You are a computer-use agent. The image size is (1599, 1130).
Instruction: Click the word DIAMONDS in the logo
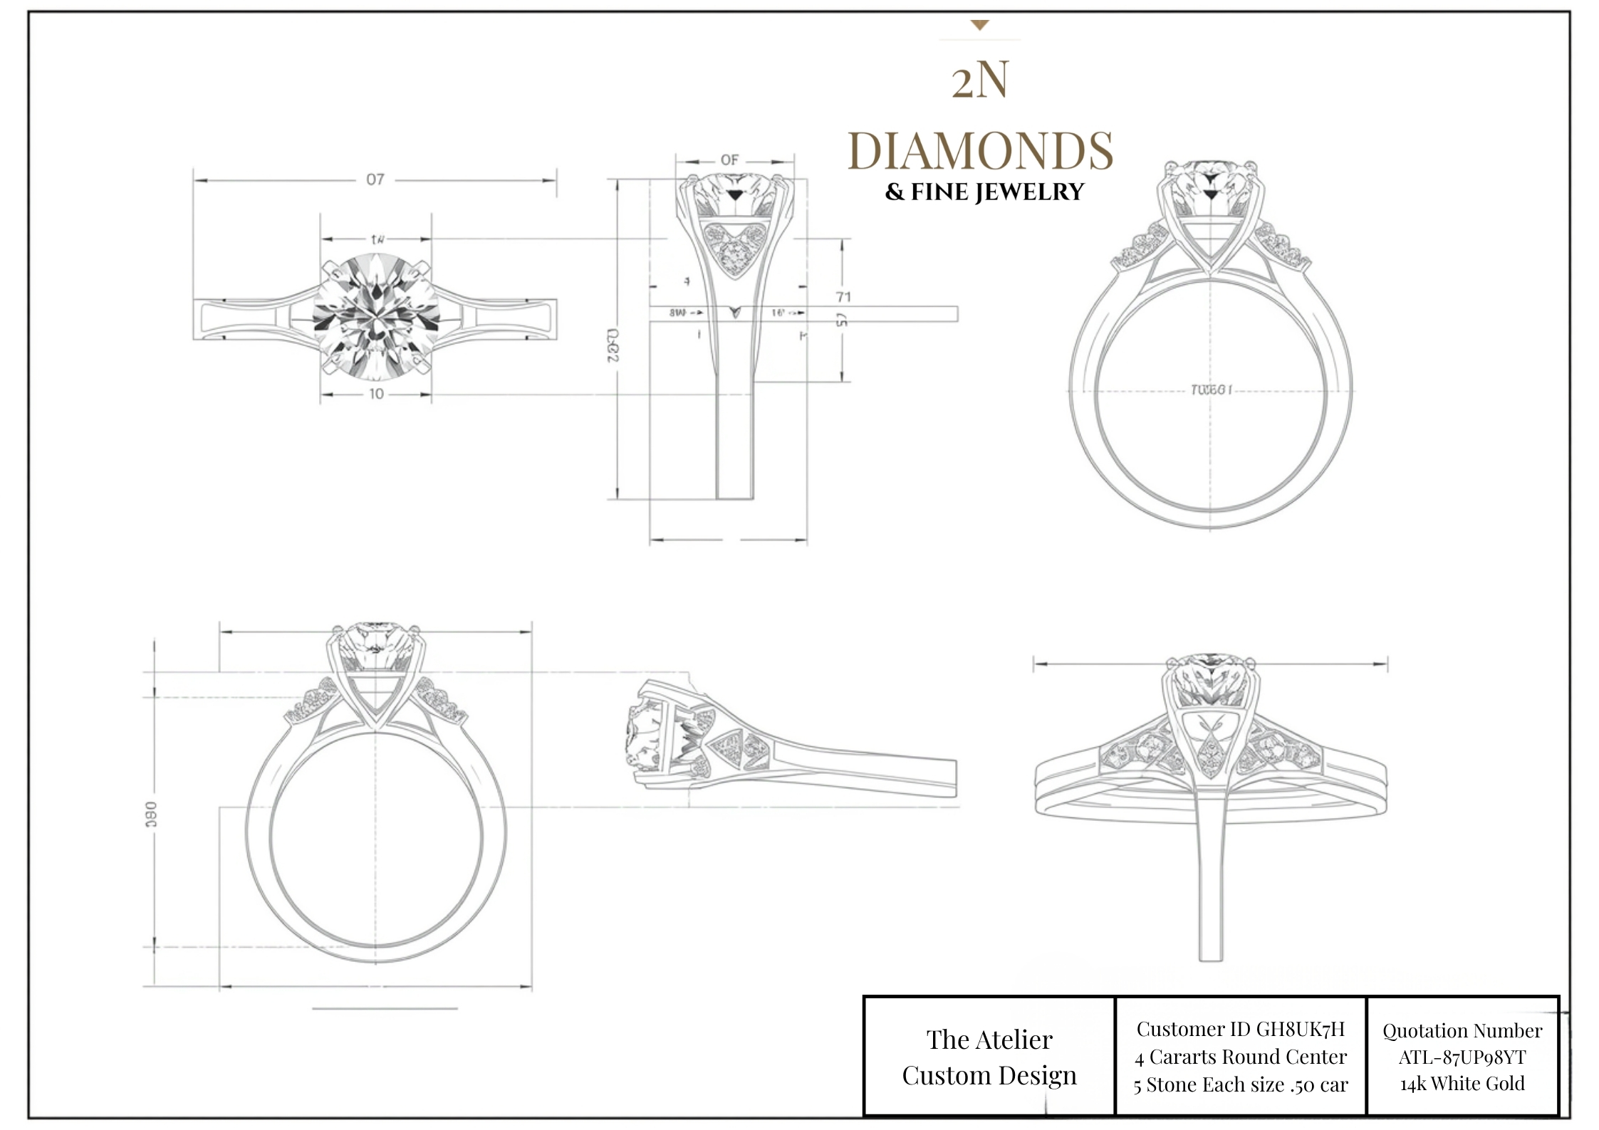(980, 151)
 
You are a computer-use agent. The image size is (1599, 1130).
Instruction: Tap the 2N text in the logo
(980, 80)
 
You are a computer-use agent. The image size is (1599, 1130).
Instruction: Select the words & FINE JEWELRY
(984, 192)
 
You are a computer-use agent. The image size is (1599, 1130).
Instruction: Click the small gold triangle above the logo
(980, 26)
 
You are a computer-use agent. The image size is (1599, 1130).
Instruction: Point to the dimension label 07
(375, 179)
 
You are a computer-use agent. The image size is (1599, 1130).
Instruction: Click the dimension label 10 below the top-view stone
(376, 394)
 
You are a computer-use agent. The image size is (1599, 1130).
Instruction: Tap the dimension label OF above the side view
(729, 160)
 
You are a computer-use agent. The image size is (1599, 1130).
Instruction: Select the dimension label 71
(843, 296)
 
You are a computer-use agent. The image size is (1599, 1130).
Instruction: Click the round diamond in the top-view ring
(375, 317)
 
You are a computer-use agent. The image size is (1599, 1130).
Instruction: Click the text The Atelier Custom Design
(989, 1057)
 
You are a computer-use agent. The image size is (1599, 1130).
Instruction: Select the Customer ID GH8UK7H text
(1240, 1029)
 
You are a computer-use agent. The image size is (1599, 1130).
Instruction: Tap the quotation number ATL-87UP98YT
(1462, 1057)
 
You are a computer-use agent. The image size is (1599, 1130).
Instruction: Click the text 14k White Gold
(1462, 1084)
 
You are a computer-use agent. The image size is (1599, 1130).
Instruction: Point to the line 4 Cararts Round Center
(1240, 1057)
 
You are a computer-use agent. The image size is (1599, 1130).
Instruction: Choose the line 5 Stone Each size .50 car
(1240, 1084)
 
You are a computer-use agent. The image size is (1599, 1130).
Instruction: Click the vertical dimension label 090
(151, 814)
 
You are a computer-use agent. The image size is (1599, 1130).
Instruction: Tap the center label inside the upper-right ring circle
(1210, 389)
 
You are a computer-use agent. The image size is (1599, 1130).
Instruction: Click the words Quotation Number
(1462, 1030)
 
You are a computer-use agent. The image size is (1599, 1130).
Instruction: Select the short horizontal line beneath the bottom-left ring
(385, 1008)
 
